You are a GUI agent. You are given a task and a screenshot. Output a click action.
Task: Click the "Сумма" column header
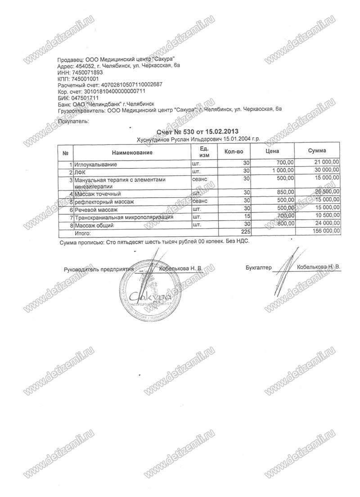317,151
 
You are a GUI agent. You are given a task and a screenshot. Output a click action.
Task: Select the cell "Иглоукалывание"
96,163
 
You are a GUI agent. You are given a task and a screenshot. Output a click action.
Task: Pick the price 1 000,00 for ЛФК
283,171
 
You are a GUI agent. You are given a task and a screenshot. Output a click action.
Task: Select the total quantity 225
244,231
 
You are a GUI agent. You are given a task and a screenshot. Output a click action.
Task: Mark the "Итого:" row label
83,233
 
